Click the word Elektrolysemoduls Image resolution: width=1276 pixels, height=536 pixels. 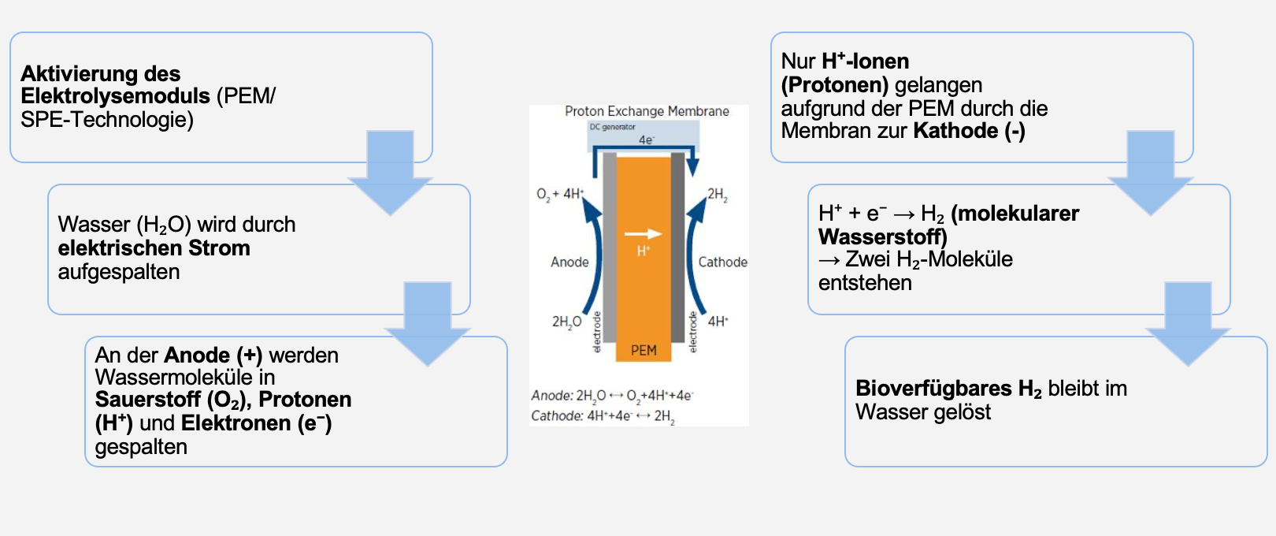tap(115, 96)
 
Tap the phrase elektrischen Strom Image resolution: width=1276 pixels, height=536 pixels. tap(154, 248)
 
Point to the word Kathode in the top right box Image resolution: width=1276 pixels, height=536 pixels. tap(955, 131)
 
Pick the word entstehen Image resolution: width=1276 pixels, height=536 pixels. tap(865, 283)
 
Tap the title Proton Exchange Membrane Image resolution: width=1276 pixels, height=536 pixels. tap(647, 111)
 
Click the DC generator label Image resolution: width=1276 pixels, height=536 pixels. tap(612, 127)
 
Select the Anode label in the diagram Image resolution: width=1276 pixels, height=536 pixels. tap(569, 262)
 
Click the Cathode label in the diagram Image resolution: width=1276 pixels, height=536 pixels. tap(722, 262)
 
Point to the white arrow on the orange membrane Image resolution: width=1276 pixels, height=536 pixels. tap(643, 233)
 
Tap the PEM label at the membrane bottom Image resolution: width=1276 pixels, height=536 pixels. tap(644, 350)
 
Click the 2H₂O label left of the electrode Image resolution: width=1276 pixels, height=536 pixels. tap(566, 322)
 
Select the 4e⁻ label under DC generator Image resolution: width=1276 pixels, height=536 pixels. tap(646, 140)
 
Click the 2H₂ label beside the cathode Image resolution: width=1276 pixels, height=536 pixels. tap(718, 194)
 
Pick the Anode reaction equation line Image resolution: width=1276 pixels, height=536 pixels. tap(612, 396)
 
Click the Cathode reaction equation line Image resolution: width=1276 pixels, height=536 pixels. tap(603, 416)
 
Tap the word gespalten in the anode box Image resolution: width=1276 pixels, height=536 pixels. tap(141, 447)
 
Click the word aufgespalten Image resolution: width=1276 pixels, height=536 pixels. tap(119, 272)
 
